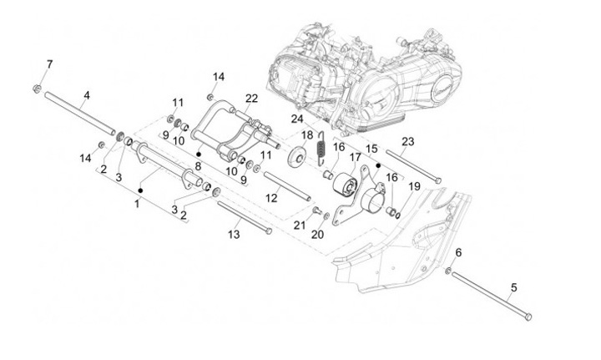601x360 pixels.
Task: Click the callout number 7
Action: (x=48, y=64)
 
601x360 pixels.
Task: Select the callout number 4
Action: (x=86, y=97)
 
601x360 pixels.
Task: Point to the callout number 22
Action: (x=251, y=98)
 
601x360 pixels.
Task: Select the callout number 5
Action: (x=514, y=287)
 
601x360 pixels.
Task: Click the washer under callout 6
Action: (x=449, y=271)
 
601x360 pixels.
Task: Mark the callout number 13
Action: (x=234, y=235)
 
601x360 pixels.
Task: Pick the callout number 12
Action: (x=271, y=198)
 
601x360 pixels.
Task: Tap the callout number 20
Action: (x=317, y=236)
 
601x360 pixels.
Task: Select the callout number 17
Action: (x=355, y=157)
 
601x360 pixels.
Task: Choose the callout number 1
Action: (x=137, y=204)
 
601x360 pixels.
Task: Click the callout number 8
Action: (x=197, y=167)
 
